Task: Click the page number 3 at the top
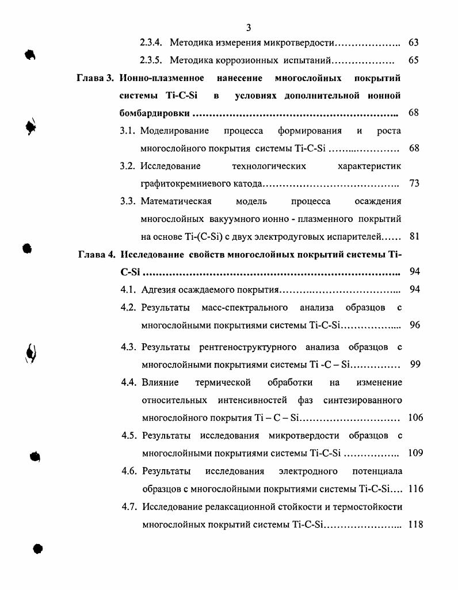point(248,28)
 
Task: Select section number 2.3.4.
point(151,43)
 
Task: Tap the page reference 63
point(413,43)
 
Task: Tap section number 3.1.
point(127,131)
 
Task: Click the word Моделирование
point(174,131)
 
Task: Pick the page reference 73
point(414,183)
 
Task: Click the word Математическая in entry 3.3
point(176,201)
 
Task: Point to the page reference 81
point(414,236)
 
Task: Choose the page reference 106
point(415,417)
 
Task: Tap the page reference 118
point(415,524)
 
